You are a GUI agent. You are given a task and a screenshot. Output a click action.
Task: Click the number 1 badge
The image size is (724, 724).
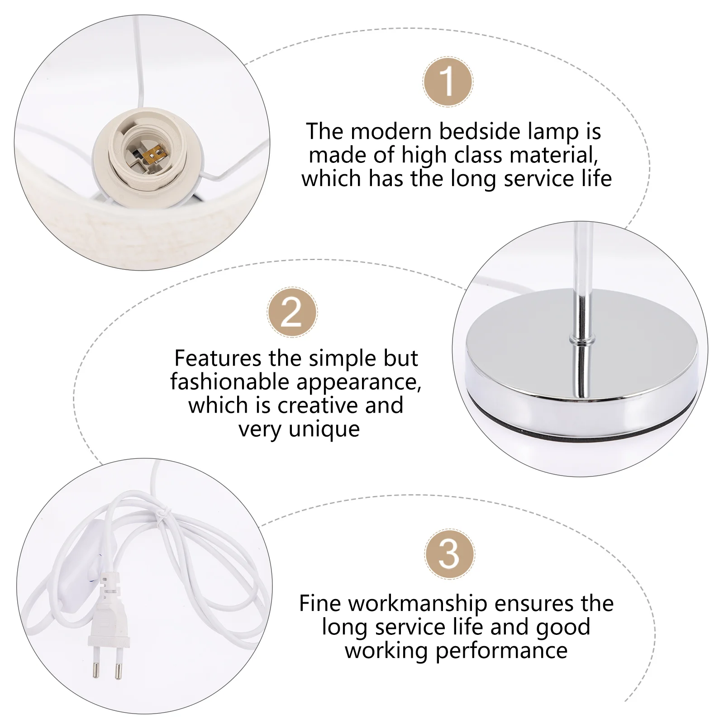pyautogui.click(x=448, y=82)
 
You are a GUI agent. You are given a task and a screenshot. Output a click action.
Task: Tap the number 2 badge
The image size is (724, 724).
pyautogui.click(x=292, y=312)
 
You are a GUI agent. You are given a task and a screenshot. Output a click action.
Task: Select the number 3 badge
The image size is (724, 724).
pyautogui.click(x=449, y=554)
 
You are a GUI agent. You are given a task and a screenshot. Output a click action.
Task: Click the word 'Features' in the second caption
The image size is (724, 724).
pyautogui.click(x=218, y=358)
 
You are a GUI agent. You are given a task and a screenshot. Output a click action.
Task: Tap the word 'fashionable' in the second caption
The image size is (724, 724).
pyautogui.click(x=229, y=382)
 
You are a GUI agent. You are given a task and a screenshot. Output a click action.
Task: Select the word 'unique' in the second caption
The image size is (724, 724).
pyautogui.click(x=324, y=429)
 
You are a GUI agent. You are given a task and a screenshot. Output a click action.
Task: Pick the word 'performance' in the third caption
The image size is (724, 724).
pyautogui.click(x=501, y=651)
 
